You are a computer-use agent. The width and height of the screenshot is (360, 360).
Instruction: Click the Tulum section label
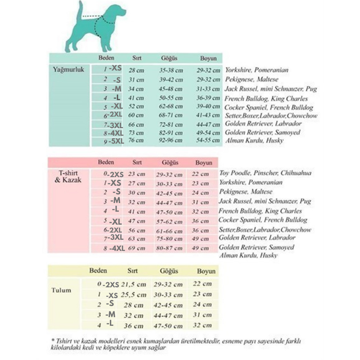[61, 290]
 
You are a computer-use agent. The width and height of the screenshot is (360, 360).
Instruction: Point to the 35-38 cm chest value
[171, 70]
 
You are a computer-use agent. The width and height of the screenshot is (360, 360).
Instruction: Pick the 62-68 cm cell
[171, 107]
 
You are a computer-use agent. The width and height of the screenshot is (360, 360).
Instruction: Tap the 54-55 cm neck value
[208, 140]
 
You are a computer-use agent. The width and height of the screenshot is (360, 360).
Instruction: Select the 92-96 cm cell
[171, 140]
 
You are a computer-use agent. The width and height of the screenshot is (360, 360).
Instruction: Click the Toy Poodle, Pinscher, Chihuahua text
[265, 173]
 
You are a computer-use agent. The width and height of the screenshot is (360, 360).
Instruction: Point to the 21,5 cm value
[134, 284]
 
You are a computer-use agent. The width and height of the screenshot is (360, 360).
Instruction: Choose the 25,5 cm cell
[134, 295]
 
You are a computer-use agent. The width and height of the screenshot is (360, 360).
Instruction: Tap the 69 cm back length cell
[137, 248]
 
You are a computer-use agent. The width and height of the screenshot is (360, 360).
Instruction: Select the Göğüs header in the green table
[169, 58]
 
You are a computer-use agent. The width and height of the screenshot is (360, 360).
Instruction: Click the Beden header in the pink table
[106, 162]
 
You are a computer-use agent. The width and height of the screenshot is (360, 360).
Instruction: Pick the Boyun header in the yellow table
[206, 271]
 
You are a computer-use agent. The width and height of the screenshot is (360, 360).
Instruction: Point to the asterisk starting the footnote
[53, 341]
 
